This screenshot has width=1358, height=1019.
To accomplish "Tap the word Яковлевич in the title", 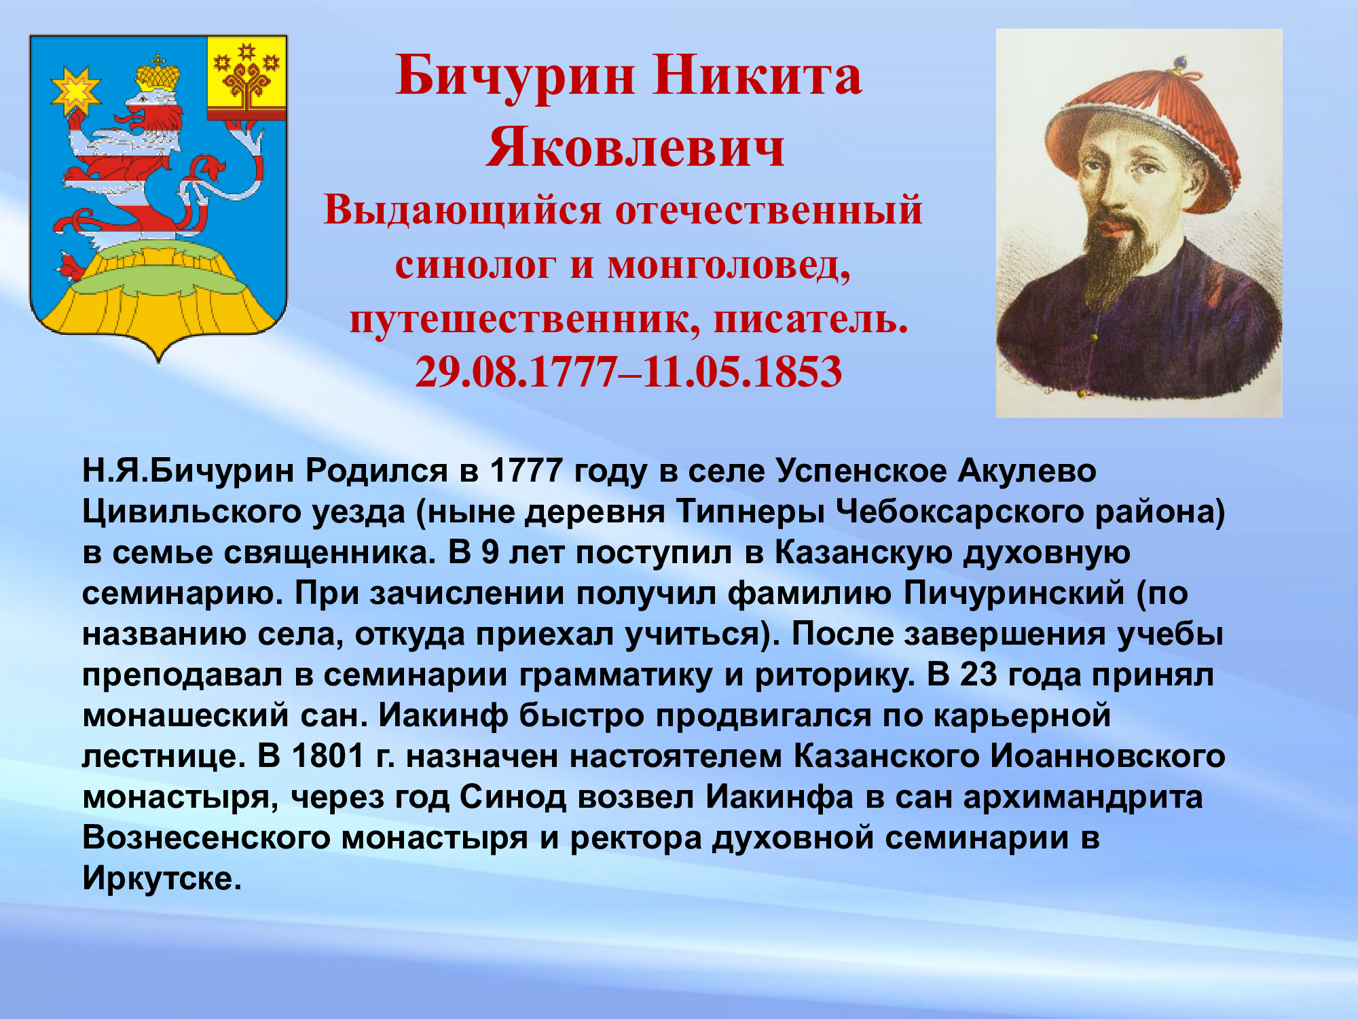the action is click(636, 147).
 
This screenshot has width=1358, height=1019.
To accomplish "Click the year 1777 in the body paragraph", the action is click(526, 470).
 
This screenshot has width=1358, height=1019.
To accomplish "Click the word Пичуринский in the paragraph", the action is click(1014, 592).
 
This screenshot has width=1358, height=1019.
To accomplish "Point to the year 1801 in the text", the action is click(328, 755).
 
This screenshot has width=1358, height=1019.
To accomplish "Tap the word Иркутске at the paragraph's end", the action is click(162, 878).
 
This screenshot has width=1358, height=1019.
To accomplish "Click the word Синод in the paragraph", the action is click(513, 796).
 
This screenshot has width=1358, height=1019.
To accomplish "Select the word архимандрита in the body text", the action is click(1083, 796).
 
